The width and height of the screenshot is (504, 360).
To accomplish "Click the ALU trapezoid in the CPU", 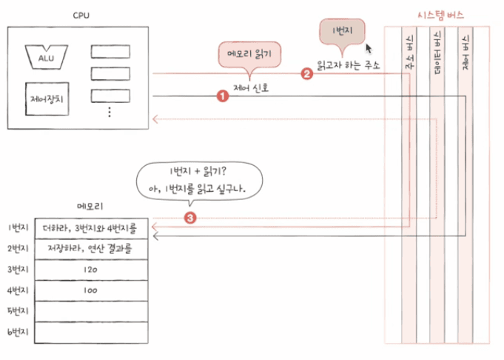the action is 47,57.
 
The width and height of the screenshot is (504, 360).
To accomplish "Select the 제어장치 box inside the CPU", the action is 47,99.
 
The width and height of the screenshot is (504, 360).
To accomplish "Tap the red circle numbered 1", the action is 223,96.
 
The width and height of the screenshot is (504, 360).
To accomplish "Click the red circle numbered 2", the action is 306,74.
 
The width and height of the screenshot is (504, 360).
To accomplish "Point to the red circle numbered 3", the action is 190,218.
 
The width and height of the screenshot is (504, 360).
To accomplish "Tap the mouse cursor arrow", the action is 369,49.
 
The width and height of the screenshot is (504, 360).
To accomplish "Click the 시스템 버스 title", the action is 440,15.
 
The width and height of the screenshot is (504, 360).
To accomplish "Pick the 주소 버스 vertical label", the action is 409,52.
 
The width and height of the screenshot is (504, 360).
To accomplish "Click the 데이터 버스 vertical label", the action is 437,53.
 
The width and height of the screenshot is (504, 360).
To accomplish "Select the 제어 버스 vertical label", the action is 466,53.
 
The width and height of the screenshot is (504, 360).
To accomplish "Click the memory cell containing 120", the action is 91,270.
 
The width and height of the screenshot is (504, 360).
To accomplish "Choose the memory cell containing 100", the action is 91,290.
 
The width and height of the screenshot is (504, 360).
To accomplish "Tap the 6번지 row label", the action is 18,332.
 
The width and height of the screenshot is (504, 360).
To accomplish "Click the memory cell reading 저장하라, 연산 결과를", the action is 91,249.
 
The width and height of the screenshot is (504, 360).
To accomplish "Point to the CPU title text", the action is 81,15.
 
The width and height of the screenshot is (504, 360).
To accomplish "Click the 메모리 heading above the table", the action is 90,206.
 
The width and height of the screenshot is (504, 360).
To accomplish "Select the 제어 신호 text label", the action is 251,87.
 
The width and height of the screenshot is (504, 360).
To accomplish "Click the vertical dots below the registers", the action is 110,112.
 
